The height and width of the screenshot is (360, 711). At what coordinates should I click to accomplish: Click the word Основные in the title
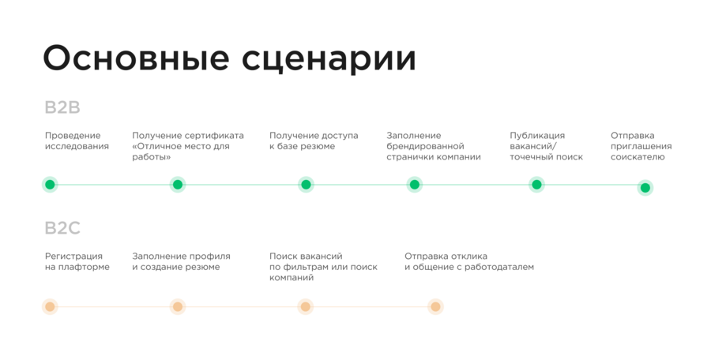[136, 58]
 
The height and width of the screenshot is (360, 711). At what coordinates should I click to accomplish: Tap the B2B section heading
[62, 107]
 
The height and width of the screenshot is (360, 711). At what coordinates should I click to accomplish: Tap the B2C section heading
[62, 227]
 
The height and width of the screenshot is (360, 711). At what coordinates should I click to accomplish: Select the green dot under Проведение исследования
[50, 185]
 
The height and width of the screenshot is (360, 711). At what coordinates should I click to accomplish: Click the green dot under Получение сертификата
[178, 185]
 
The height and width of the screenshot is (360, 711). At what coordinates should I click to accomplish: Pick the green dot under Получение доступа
[306, 185]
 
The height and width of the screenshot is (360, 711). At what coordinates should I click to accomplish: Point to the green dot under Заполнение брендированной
[415, 185]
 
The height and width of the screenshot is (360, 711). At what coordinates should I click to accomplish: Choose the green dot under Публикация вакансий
[536, 185]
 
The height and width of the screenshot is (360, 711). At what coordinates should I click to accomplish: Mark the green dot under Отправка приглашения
[645, 188]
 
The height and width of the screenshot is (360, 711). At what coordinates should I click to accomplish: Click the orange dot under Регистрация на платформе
[50, 307]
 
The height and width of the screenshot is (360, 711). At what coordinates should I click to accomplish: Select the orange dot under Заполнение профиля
[178, 307]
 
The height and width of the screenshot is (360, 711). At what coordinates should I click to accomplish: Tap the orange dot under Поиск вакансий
[306, 307]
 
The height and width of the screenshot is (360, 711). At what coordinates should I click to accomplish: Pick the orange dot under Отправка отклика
[435, 307]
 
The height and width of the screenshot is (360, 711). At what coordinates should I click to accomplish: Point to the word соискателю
[638, 157]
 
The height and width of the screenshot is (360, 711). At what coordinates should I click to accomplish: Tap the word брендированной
[425, 147]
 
